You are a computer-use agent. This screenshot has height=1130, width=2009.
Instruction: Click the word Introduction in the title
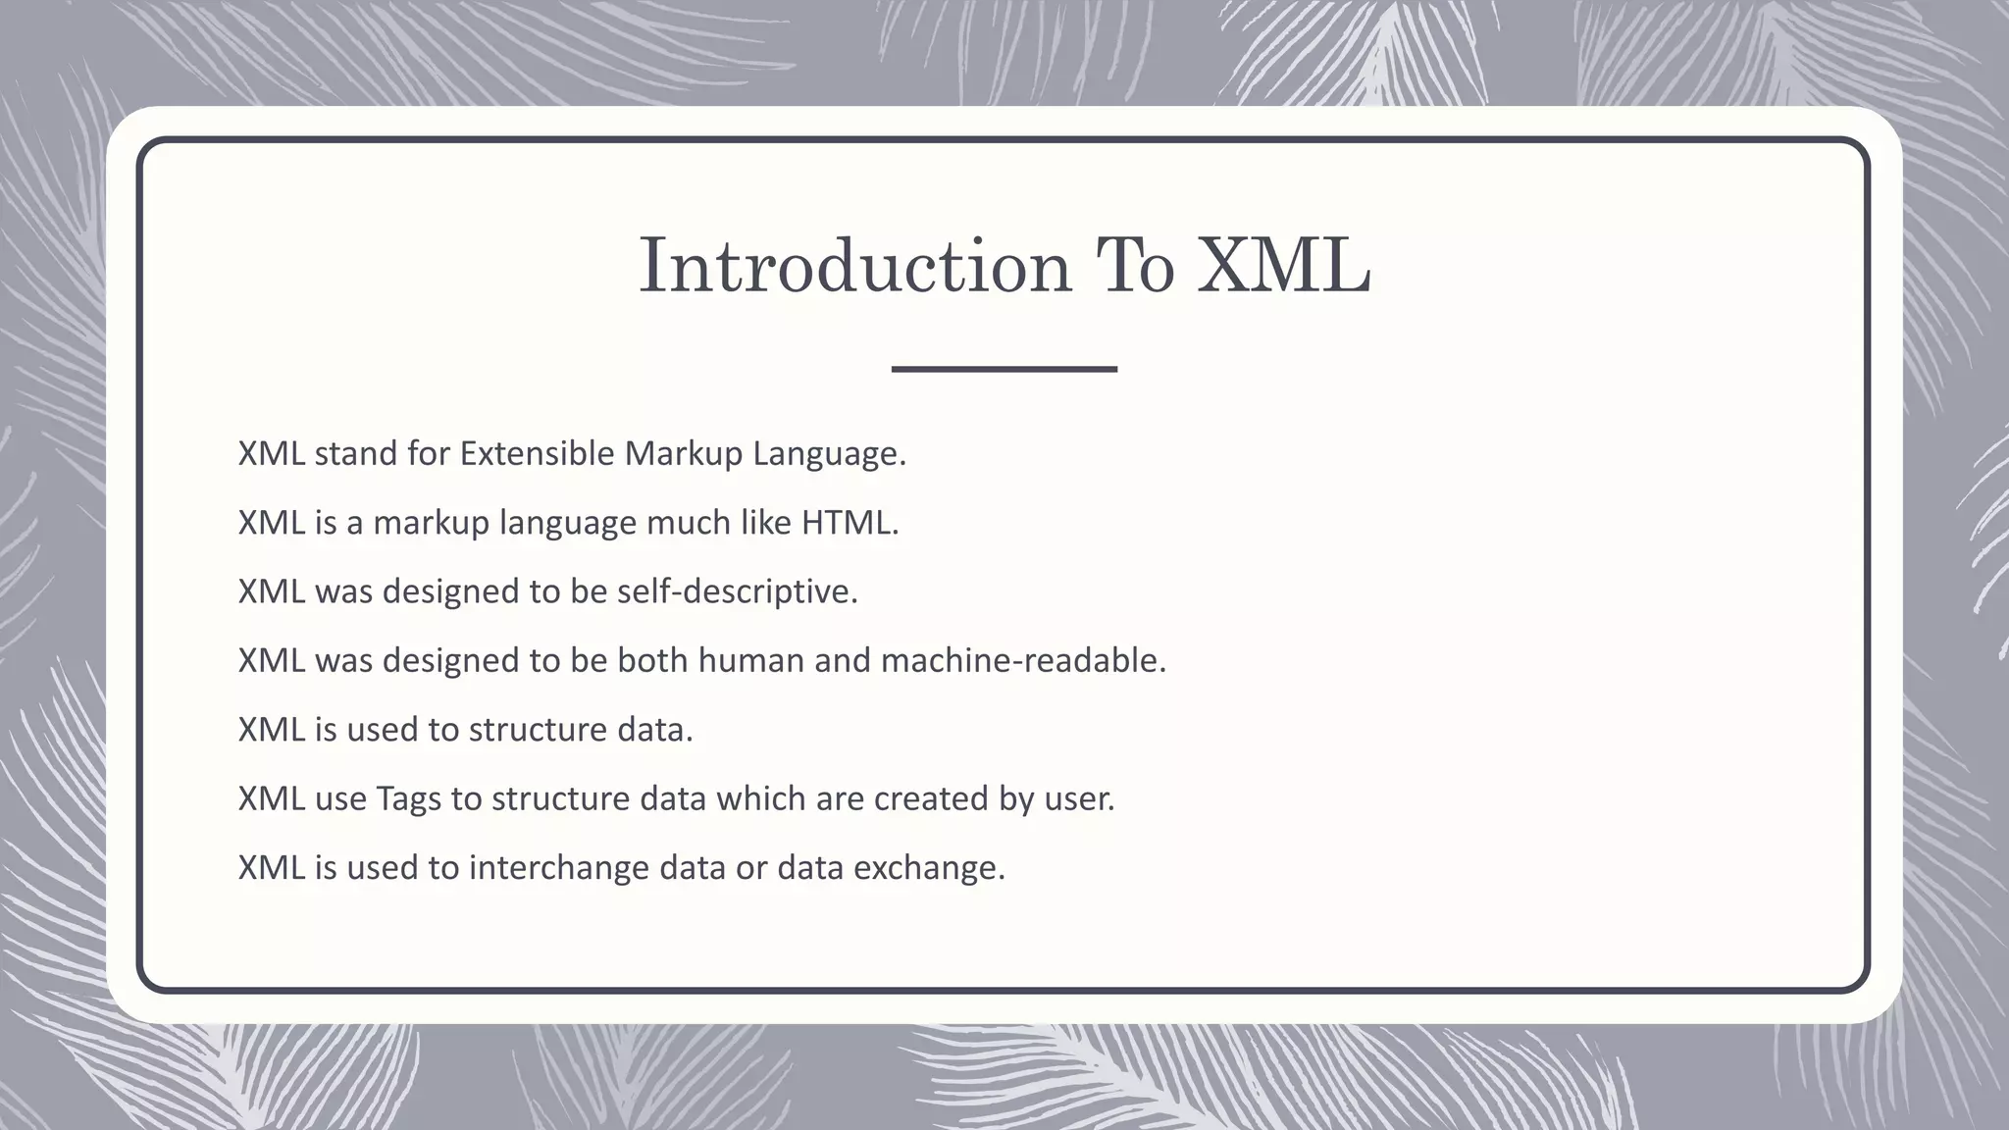coord(854,266)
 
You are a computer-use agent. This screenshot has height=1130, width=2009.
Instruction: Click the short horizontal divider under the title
coord(1004,369)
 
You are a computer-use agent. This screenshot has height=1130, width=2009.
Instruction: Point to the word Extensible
coord(537,453)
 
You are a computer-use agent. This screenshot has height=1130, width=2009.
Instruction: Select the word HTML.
coord(850,522)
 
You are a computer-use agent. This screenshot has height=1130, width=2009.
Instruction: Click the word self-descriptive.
coord(737,591)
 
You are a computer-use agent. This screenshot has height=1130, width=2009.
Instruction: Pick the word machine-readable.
coord(1023,660)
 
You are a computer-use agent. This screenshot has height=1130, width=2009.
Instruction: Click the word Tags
coord(408,798)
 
